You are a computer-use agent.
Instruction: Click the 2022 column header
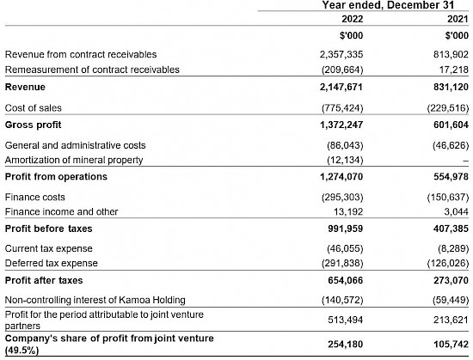click(352, 19)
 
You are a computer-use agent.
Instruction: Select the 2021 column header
click(458, 19)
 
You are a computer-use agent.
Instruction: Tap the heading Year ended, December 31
click(388, 5)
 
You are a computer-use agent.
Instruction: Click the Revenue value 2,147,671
click(341, 87)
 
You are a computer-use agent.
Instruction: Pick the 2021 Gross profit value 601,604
click(451, 125)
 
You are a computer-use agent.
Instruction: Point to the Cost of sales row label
click(34, 108)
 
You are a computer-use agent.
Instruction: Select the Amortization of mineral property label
click(74, 160)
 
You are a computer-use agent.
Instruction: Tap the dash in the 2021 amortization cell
click(466, 162)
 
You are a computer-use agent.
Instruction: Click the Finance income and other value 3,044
click(456, 211)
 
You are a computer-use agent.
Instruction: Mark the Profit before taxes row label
click(48, 229)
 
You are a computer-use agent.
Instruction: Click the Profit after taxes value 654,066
click(346, 280)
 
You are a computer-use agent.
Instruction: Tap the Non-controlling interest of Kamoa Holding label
click(95, 300)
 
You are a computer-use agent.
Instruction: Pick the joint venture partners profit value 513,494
click(346, 320)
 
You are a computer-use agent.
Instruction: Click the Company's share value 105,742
click(451, 344)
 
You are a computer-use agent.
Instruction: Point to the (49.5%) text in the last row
click(22, 351)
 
